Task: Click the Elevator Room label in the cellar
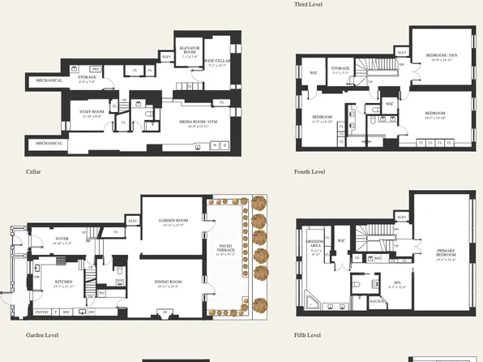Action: pyautogui.click(x=190, y=51)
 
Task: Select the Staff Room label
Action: pyautogui.click(x=92, y=114)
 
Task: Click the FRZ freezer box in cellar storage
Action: pyautogui.click(x=94, y=69)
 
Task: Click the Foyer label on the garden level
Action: pyautogui.click(x=62, y=239)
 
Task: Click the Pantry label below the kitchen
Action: pyautogui.click(x=42, y=312)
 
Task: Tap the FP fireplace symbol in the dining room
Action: pyautogui.click(x=166, y=312)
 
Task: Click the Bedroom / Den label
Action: pyautogui.click(x=441, y=55)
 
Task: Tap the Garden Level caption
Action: pyautogui.click(x=42, y=334)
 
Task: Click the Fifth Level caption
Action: pyautogui.click(x=309, y=334)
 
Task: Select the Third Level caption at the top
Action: pyautogui.click(x=309, y=4)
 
